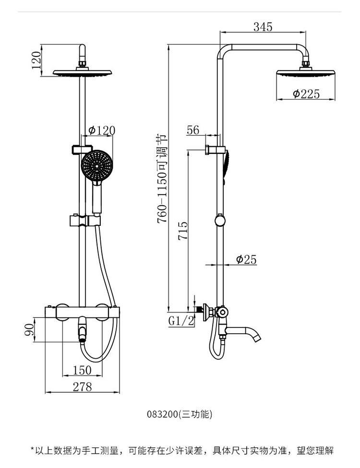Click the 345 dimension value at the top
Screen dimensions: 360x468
263,27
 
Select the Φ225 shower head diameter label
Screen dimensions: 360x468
306,94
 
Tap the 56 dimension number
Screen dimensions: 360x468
193,130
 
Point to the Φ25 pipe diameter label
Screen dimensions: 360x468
246,259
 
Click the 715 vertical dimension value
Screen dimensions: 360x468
183,231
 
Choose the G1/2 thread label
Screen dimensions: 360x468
181,321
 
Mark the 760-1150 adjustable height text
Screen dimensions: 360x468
162,179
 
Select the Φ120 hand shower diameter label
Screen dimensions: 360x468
102,130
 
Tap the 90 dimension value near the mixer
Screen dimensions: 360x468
29,329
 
